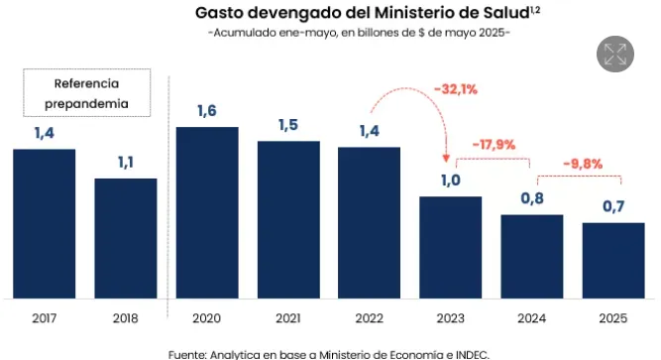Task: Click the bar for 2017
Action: tap(44, 222)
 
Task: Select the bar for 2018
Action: tap(125, 237)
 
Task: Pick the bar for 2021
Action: tap(288, 218)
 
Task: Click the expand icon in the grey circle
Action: tap(615, 55)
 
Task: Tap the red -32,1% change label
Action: tap(456, 89)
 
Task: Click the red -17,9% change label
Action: tap(494, 144)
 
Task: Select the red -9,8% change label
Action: tap(582, 164)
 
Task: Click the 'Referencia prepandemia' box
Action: tap(86, 92)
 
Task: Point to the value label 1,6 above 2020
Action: tap(206, 111)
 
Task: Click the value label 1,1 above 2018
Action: tap(125, 162)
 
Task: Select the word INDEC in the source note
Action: tap(468, 352)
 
